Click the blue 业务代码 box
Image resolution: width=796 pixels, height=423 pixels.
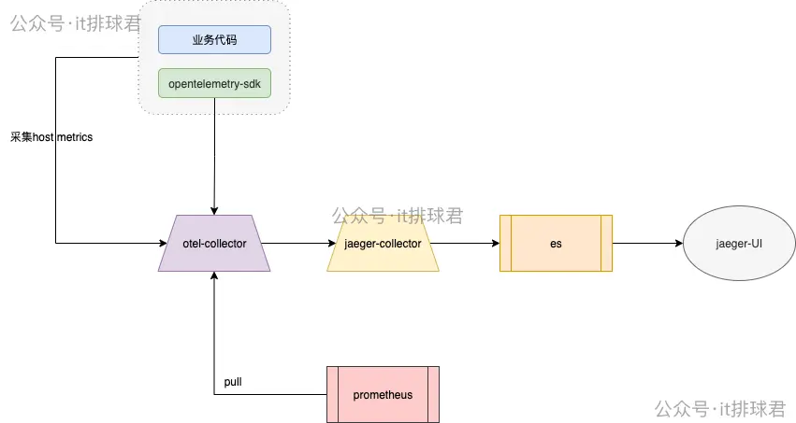pos(214,40)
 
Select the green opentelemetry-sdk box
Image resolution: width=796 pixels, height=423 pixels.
pos(214,83)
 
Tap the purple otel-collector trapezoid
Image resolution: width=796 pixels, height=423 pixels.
pos(214,244)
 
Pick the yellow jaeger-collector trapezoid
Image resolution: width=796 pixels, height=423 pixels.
pos(383,244)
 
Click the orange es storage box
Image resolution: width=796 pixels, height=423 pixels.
pos(556,244)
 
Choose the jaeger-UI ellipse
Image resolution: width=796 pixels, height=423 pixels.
pos(739,244)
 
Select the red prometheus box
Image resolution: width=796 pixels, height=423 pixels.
pos(383,395)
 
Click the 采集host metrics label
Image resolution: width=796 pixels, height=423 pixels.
pos(51,137)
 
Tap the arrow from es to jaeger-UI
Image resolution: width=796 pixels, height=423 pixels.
pos(645,244)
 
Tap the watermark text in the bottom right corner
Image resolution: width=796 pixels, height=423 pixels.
pos(719,408)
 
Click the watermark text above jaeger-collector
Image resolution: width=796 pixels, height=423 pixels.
pos(397,216)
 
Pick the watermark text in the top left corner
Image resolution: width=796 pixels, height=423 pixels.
pos(75,23)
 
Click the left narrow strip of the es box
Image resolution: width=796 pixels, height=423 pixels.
pos(506,244)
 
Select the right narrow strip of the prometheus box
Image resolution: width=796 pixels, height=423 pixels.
pos(433,395)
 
